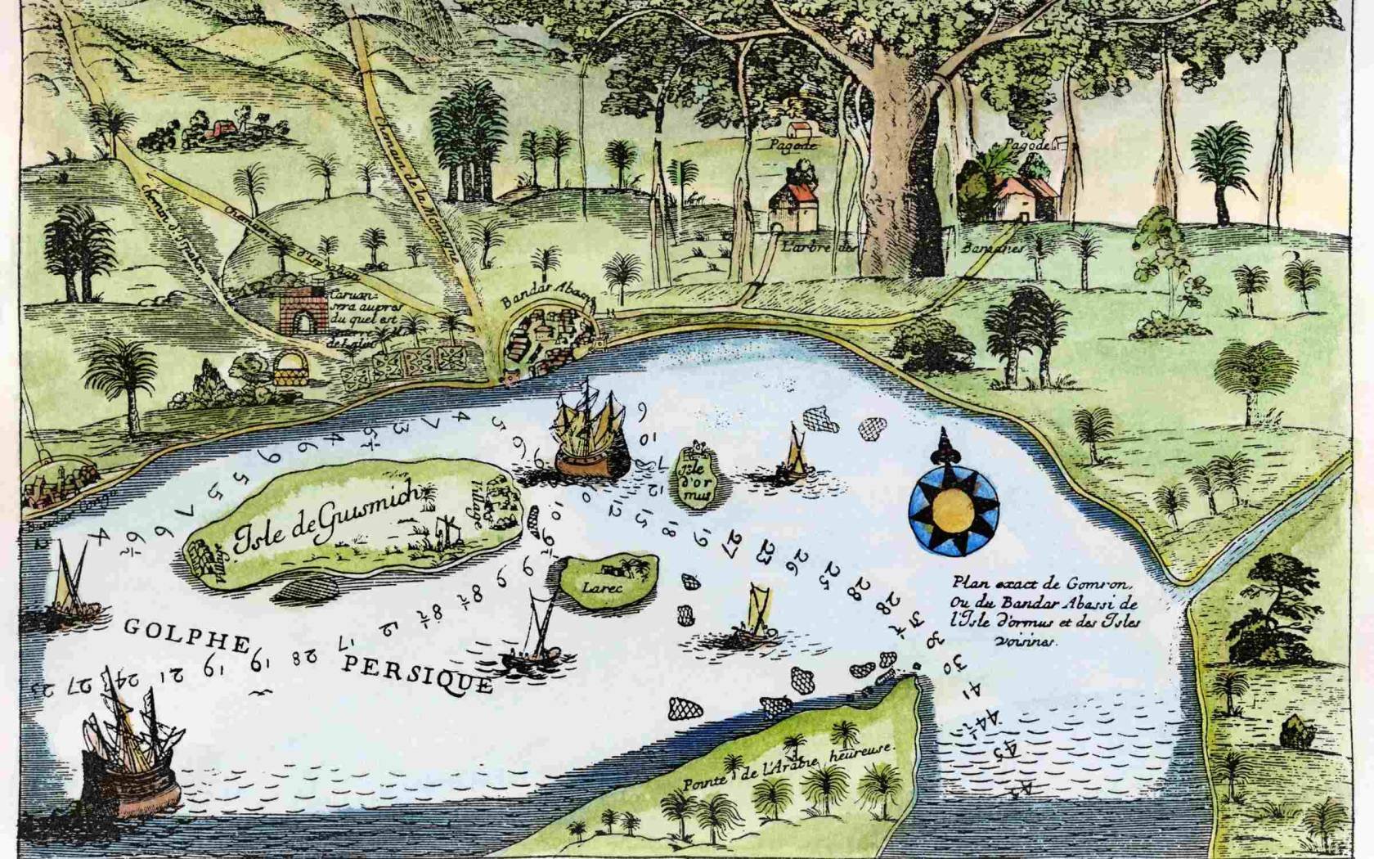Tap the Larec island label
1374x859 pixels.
603,587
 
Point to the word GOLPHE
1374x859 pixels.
186,634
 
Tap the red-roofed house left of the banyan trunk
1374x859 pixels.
793,205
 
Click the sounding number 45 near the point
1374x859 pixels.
1004,747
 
